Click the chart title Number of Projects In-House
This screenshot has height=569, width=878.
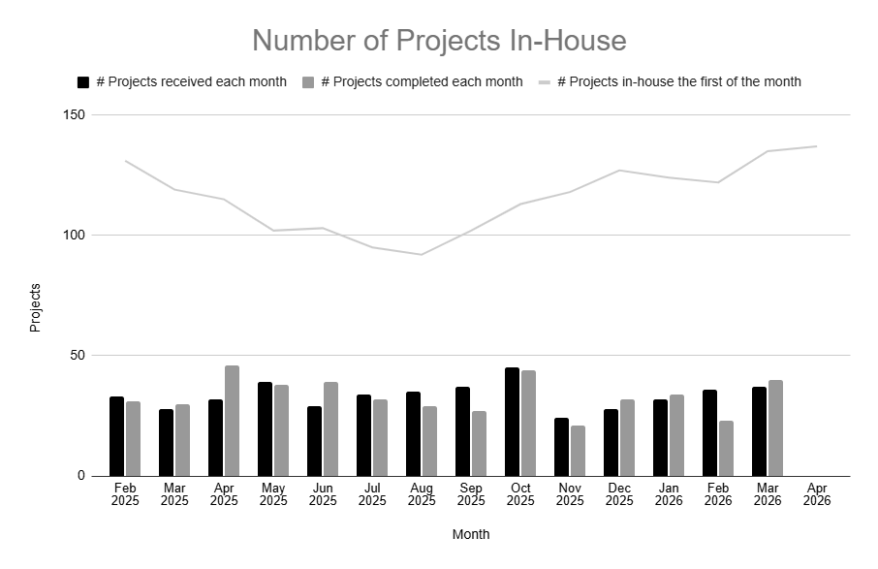439,41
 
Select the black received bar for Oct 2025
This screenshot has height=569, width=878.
512,422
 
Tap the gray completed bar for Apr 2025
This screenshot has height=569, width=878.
232,421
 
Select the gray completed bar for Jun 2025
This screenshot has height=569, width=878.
330,428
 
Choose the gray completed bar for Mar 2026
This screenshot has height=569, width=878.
775,427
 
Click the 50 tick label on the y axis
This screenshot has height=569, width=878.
78,356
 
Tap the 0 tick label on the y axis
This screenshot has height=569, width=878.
82,476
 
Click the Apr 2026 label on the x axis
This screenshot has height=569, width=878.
816,493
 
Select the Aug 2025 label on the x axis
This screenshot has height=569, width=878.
421,493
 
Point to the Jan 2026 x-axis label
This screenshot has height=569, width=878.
668,493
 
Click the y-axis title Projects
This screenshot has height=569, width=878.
36,307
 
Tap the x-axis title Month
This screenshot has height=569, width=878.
471,534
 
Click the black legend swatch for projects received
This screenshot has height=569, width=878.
83,82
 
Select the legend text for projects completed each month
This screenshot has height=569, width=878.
422,82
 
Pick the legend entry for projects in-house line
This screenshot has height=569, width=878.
678,82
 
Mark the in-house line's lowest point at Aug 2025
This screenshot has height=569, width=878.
421,254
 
